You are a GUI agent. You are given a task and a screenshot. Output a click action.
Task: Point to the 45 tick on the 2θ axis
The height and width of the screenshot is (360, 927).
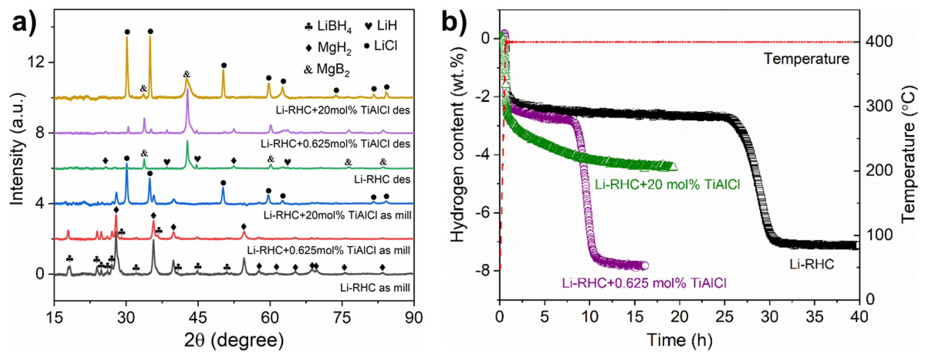coord(198,318)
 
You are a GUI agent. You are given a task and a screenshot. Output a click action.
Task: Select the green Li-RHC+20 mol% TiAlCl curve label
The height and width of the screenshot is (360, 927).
coord(667,185)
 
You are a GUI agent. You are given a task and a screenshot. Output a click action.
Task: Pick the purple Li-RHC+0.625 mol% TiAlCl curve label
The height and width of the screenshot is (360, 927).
coord(644,283)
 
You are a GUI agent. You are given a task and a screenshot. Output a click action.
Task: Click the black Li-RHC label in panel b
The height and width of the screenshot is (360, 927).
coord(811,265)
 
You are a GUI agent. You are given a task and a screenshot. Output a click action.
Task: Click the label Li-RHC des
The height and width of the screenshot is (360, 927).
coord(382,179)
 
